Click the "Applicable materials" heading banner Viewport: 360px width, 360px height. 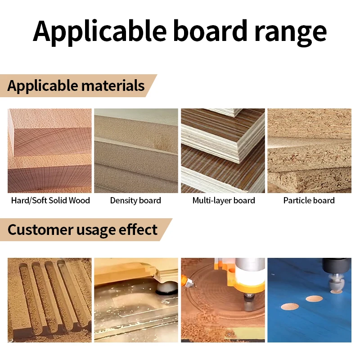(76, 85)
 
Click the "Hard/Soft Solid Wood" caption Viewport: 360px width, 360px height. (50, 200)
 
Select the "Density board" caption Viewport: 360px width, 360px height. (135, 200)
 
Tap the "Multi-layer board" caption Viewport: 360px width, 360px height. (224, 200)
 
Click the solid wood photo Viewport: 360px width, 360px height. (49, 151)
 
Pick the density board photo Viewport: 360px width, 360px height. (136, 151)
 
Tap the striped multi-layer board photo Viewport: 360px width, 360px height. (223, 151)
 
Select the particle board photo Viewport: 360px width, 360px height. (309, 151)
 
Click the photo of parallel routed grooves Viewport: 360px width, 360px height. (49, 300)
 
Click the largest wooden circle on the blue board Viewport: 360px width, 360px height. (290, 307)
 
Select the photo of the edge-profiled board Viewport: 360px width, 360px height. (136, 300)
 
